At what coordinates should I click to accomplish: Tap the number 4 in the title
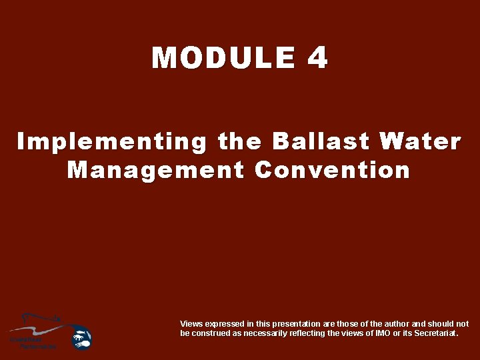tap(318, 58)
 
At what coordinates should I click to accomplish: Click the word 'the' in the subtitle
tap(240, 142)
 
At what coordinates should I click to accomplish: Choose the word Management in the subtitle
tap(156, 170)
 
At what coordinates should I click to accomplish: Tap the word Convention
tap(332, 170)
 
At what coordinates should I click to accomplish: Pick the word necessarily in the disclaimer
tap(264, 333)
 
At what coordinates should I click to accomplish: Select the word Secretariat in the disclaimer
tap(434, 333)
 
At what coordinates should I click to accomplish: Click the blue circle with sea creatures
tap(81, 337)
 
